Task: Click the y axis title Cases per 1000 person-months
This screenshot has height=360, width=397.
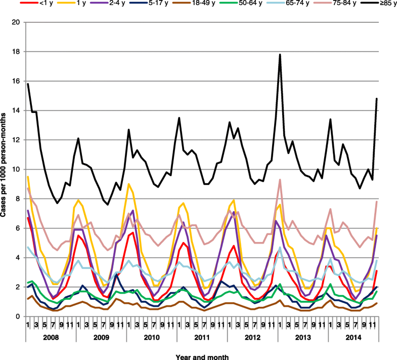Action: [5, 170]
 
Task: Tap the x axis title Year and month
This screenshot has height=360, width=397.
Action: [202, 357]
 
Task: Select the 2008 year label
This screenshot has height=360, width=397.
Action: [51, 336]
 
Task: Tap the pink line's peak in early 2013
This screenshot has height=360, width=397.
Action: [280, 179]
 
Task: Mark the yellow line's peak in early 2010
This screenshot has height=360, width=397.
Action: [129, 184]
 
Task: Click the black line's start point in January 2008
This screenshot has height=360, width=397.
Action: [28, 84]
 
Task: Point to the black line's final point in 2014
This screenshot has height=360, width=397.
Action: [377, 99]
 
